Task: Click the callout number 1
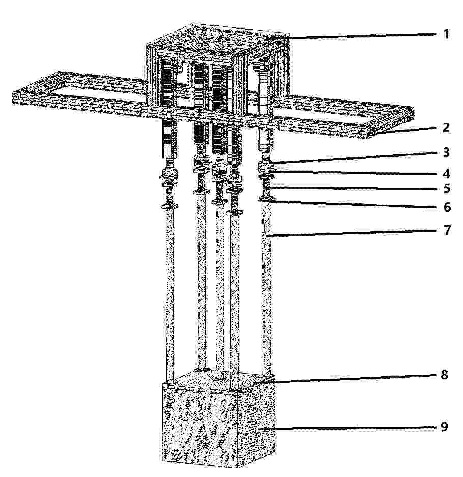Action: tap(446, 34)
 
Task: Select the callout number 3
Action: tap(446, 152)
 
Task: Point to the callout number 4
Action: tap(446, 174)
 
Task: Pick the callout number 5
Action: tap(446, 188)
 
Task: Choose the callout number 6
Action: tap(446, 207)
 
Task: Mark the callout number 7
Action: tap(446, 230)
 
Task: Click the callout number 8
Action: tap(444, 375)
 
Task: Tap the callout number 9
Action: tap(444, 427)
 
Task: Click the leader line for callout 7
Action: tap(351, 233)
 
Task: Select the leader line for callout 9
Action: tap(347, 428)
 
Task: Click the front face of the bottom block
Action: tap(200, 428)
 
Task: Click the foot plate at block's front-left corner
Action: tap(170, 384)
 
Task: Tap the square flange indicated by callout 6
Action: tap(266, 199)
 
